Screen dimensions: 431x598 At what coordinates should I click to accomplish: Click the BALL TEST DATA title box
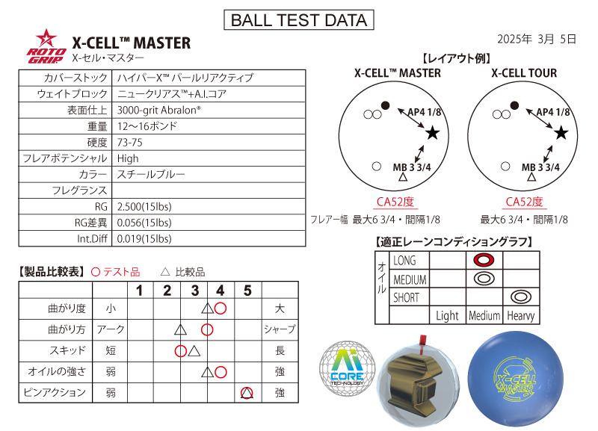pos(299,20)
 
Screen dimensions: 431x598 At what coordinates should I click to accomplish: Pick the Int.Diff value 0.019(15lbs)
pos(144,239)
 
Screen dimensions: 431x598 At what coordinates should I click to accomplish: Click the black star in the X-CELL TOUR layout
pos(561,133)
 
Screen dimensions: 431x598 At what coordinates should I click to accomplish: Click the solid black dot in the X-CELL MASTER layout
pos(386,105)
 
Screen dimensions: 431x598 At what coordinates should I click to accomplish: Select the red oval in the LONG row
pos(484,260)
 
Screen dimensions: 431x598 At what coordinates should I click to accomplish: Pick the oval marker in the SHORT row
pos(520,297)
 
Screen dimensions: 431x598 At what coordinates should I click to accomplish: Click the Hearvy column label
pos(520,315)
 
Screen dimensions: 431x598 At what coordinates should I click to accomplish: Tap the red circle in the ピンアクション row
pos(247,393)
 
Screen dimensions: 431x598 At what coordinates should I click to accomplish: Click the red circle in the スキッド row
pos(180,350)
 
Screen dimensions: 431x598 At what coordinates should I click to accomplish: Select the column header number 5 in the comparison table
pos(247,291)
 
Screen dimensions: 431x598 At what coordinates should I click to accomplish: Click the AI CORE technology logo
pos(345,369)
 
